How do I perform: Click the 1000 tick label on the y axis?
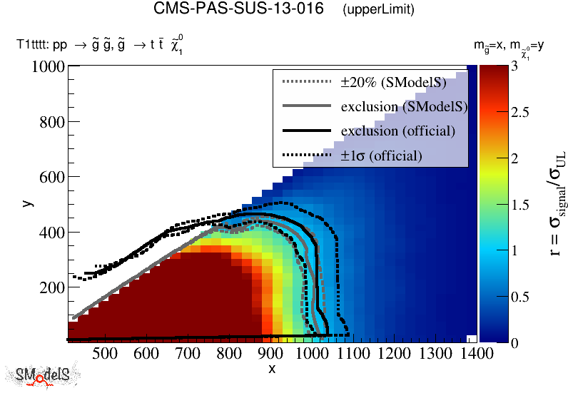click(49, 67)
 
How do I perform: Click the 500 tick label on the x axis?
click(105, 353)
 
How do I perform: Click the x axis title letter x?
click(271, 369)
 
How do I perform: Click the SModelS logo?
click(42, 376)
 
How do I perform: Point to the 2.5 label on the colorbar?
click(522, 112)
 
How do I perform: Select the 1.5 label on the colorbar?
click(522, 204)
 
